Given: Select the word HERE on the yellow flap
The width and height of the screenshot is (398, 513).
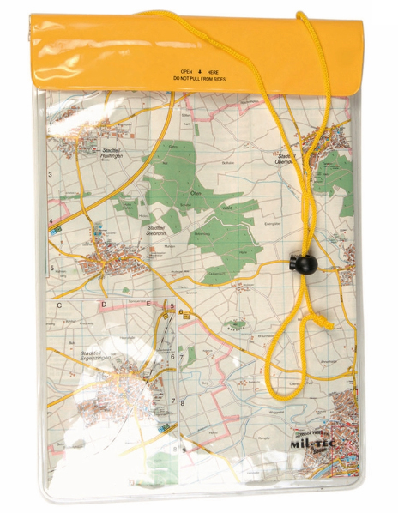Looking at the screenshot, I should pos(214,72).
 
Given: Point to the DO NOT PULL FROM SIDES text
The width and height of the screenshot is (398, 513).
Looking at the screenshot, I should pos(200,80).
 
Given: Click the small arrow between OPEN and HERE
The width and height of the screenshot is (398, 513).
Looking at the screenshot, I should pos(200,72).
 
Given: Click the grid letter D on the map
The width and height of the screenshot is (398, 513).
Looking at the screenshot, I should pos(103,305).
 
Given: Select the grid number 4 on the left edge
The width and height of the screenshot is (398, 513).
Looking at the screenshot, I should pos(51,222).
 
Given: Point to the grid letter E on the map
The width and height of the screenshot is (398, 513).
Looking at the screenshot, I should pos(148,305).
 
